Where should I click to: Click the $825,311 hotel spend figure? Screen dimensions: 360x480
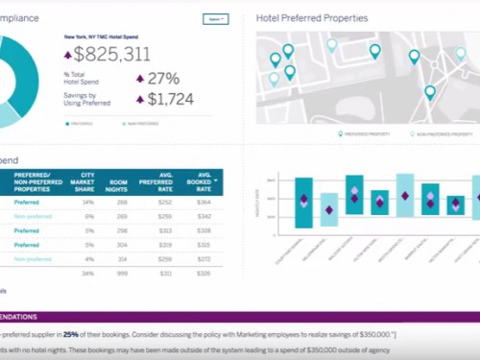[x=111, y=56]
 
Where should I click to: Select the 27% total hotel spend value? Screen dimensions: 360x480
[x=163, y=79]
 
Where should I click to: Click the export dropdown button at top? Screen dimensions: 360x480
[x=215, y=18]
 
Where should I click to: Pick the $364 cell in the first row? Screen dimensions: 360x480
[x=204, y=203]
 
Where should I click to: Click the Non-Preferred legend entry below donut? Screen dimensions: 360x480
[x=139, y=124]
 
